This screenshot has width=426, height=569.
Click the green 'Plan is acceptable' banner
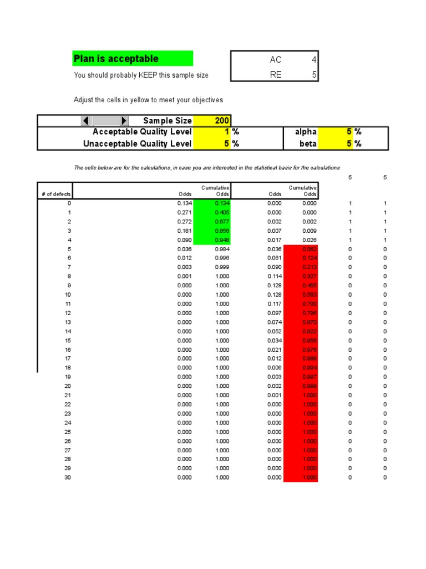(x=133, y=58)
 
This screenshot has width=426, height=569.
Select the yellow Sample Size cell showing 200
(x=212, y=121)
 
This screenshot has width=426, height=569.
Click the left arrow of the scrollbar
(x=87, y=121)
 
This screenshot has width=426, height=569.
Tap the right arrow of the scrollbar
(x=124, y=121)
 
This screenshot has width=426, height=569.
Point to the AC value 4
(x=314, y=60)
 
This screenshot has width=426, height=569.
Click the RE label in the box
(x=275, y=74)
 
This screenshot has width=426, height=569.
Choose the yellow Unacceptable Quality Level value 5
(x=212, y=143)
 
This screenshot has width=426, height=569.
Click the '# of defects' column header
(x=55, y=194)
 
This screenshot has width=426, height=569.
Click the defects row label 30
(x=68, y=477)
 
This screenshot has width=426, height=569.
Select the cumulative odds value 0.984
(x=222, y=249)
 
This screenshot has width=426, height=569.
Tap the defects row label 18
(x=68, y=368)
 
